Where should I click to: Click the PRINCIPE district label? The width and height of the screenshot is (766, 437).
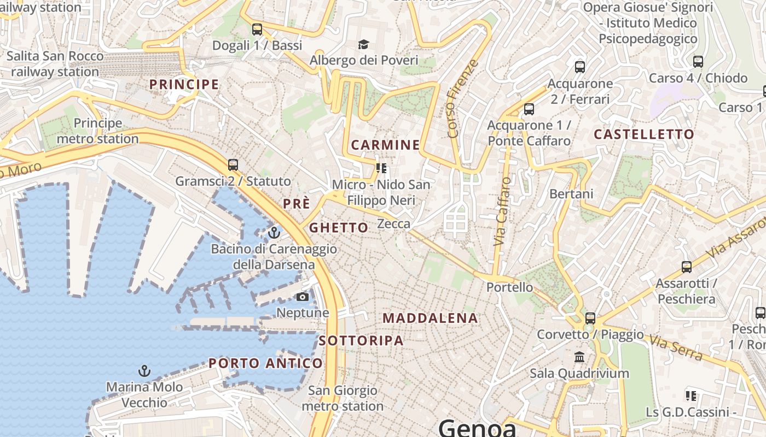pos(184,85)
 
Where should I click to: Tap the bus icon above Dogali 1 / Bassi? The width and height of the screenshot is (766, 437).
pos(257,29)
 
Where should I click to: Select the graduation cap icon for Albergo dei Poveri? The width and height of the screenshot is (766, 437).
pos(363,44)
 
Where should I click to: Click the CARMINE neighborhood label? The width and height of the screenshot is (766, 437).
pos(385,145)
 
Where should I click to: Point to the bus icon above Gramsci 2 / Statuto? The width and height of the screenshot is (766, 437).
pos(233,164)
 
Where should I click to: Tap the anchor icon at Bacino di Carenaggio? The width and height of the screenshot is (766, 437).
pos(274,233)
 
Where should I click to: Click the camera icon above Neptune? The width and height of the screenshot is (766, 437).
pos(302,297)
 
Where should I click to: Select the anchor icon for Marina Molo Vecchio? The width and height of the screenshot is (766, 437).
pos(144,371)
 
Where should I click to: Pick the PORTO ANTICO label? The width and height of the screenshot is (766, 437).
pos(265,363)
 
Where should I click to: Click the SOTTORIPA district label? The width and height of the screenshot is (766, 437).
pos(361,341)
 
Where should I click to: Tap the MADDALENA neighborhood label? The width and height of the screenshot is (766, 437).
pos(430,318)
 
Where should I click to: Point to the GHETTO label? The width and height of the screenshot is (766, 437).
pos(339,228)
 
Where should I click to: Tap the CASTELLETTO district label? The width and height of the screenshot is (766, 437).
pos(643,134)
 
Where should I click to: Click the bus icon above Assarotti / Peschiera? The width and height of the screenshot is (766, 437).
pos(687,267)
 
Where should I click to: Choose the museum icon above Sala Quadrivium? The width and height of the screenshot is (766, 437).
pos(579,357)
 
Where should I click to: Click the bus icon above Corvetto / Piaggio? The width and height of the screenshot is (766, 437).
pos(590,318)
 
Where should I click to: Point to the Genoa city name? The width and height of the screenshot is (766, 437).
pos(477,428)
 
